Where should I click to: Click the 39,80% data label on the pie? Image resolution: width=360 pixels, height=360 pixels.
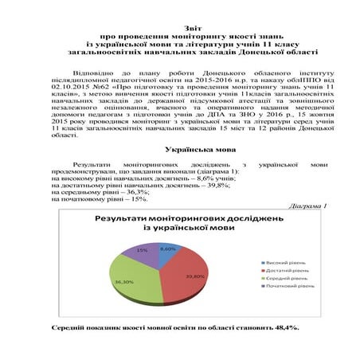(196, 276)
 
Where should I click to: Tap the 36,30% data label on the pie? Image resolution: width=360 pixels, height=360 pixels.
(123, 282)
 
